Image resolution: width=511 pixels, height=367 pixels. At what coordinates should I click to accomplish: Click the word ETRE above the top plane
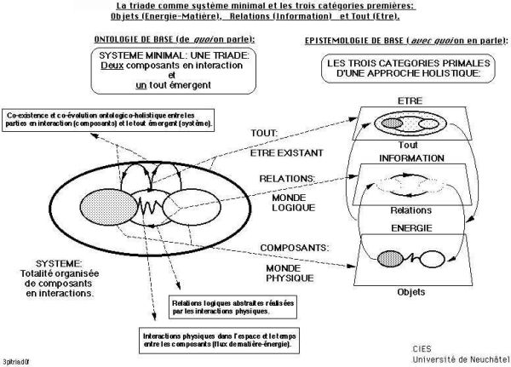[x=410, y=100]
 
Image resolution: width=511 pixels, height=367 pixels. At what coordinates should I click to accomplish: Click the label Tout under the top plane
[x=409, y=145]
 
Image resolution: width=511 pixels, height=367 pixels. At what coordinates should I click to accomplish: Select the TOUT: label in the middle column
[x=268, y=132]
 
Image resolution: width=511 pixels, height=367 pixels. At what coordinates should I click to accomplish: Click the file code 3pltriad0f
[x=17, y=359]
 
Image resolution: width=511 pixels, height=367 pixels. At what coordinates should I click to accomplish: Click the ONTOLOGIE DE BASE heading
[x=161, y=40]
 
